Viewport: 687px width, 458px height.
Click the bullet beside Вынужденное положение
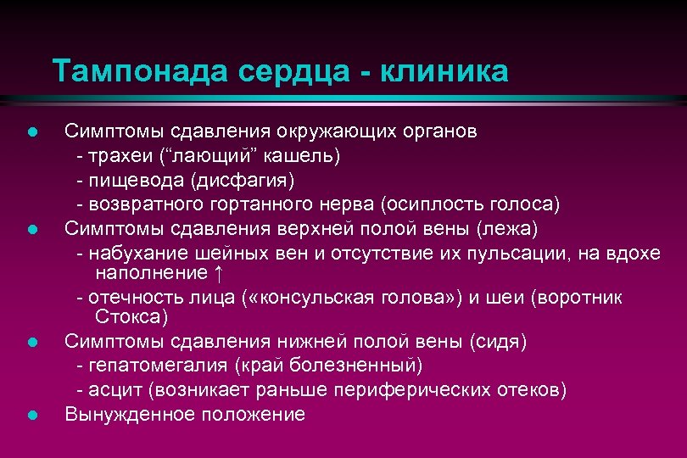coord(31,415)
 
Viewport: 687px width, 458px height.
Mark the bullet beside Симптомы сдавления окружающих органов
coord(31,132)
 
